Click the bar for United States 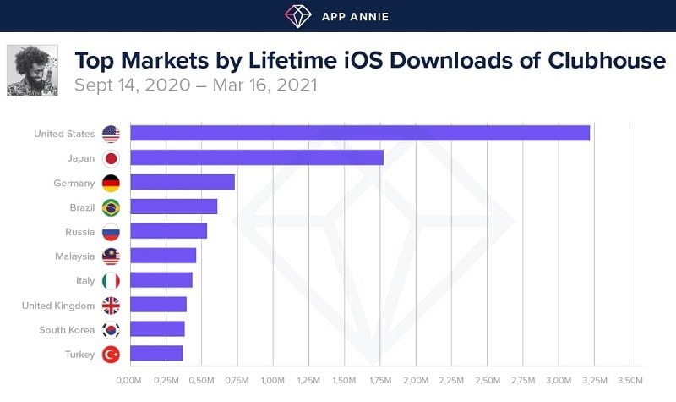click(359, 133)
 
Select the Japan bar click(256, 157)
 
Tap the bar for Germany click(182, 182)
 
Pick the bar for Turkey click(155, 354)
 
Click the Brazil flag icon click(111, 207)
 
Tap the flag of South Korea click(111, 329)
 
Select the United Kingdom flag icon click(111, 305)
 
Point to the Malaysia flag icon click(111, 256)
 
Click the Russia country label click(79, 231)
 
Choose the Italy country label click(85, 280)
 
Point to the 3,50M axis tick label click(630, 380)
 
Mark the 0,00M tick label click(128, 380)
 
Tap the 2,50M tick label click(487, 380)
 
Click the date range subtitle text click(195, 85)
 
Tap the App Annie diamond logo click(297, 15)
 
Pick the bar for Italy click(161, 280)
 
